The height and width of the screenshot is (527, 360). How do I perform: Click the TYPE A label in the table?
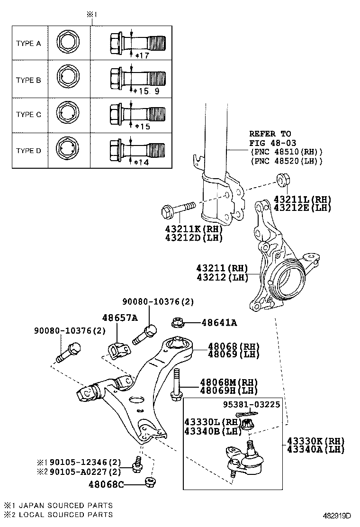[x=28, y=43]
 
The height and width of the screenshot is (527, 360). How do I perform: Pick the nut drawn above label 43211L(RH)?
[x=283, y=180]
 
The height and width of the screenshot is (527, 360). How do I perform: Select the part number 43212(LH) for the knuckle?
[x=222, y=278]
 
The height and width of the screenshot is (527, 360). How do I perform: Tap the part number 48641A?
[x=219, y=323]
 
